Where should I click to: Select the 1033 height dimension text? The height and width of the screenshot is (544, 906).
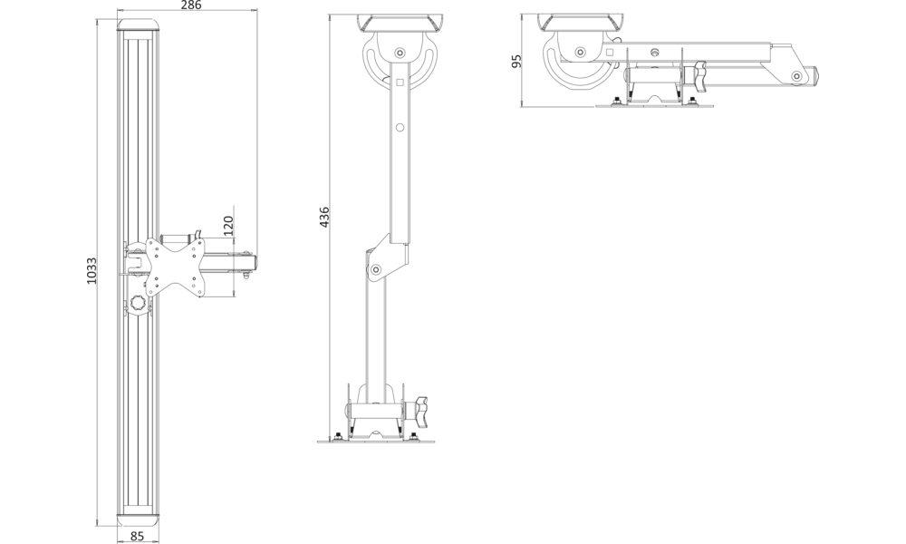(x=92, y=270)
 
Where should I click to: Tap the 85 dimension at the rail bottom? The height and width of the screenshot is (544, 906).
(x=137, y=536)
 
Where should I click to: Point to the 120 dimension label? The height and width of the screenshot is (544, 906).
(x=228, y=226)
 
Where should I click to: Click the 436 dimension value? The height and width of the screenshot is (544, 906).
(x=324, y=216)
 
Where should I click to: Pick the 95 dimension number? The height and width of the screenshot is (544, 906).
(x=516, y=61)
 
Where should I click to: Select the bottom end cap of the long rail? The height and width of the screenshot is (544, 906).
(x=139, y=519)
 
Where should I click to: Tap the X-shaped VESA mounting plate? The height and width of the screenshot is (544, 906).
(x=175, y=267)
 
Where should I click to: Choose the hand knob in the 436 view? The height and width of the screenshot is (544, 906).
(x=420, y=412)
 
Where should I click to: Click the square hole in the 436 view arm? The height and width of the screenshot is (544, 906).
(x=400, y=82)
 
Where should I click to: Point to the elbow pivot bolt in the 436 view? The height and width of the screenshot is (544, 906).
(x=376, y=269)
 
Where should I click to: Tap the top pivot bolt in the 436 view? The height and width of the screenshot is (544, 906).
(x=400, y=53)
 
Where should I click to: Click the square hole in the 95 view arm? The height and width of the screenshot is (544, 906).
(x=610, y=53)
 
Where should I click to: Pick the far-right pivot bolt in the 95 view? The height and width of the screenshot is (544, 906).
(x=796, y=76)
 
